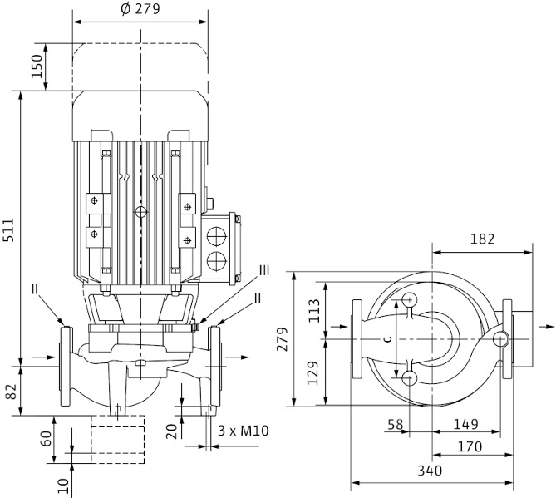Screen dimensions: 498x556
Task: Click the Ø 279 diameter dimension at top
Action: [140, 9]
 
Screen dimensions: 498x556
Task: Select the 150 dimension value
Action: [36, 67]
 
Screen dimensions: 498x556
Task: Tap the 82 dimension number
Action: [10, 389]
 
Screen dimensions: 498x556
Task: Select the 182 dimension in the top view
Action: [481, 239]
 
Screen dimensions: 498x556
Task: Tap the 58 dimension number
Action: [395, 425]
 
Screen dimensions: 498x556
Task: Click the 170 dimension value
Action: [470, 447]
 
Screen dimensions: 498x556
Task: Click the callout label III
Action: [264, 270]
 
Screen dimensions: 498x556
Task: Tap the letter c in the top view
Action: [386, 339]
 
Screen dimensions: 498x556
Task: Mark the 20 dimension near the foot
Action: [171, 429]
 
